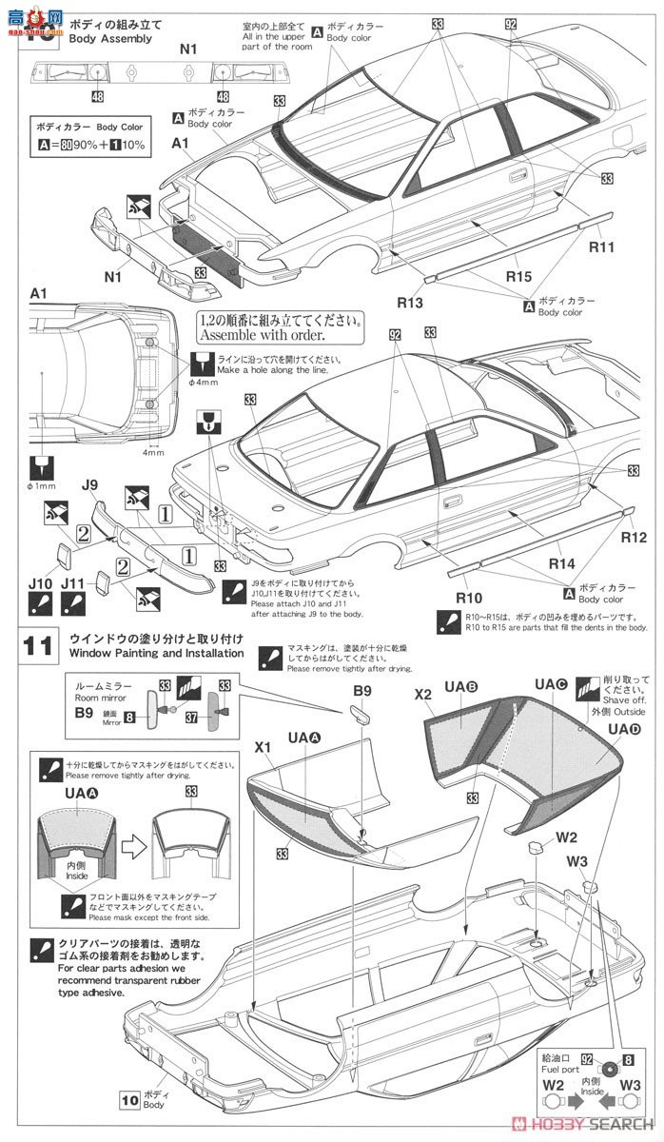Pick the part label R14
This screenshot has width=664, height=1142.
coord(562,563)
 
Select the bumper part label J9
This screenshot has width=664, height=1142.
coord(90,484)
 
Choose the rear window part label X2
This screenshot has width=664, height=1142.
coord(423,696)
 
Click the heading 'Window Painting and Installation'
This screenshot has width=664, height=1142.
coord(156,653)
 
